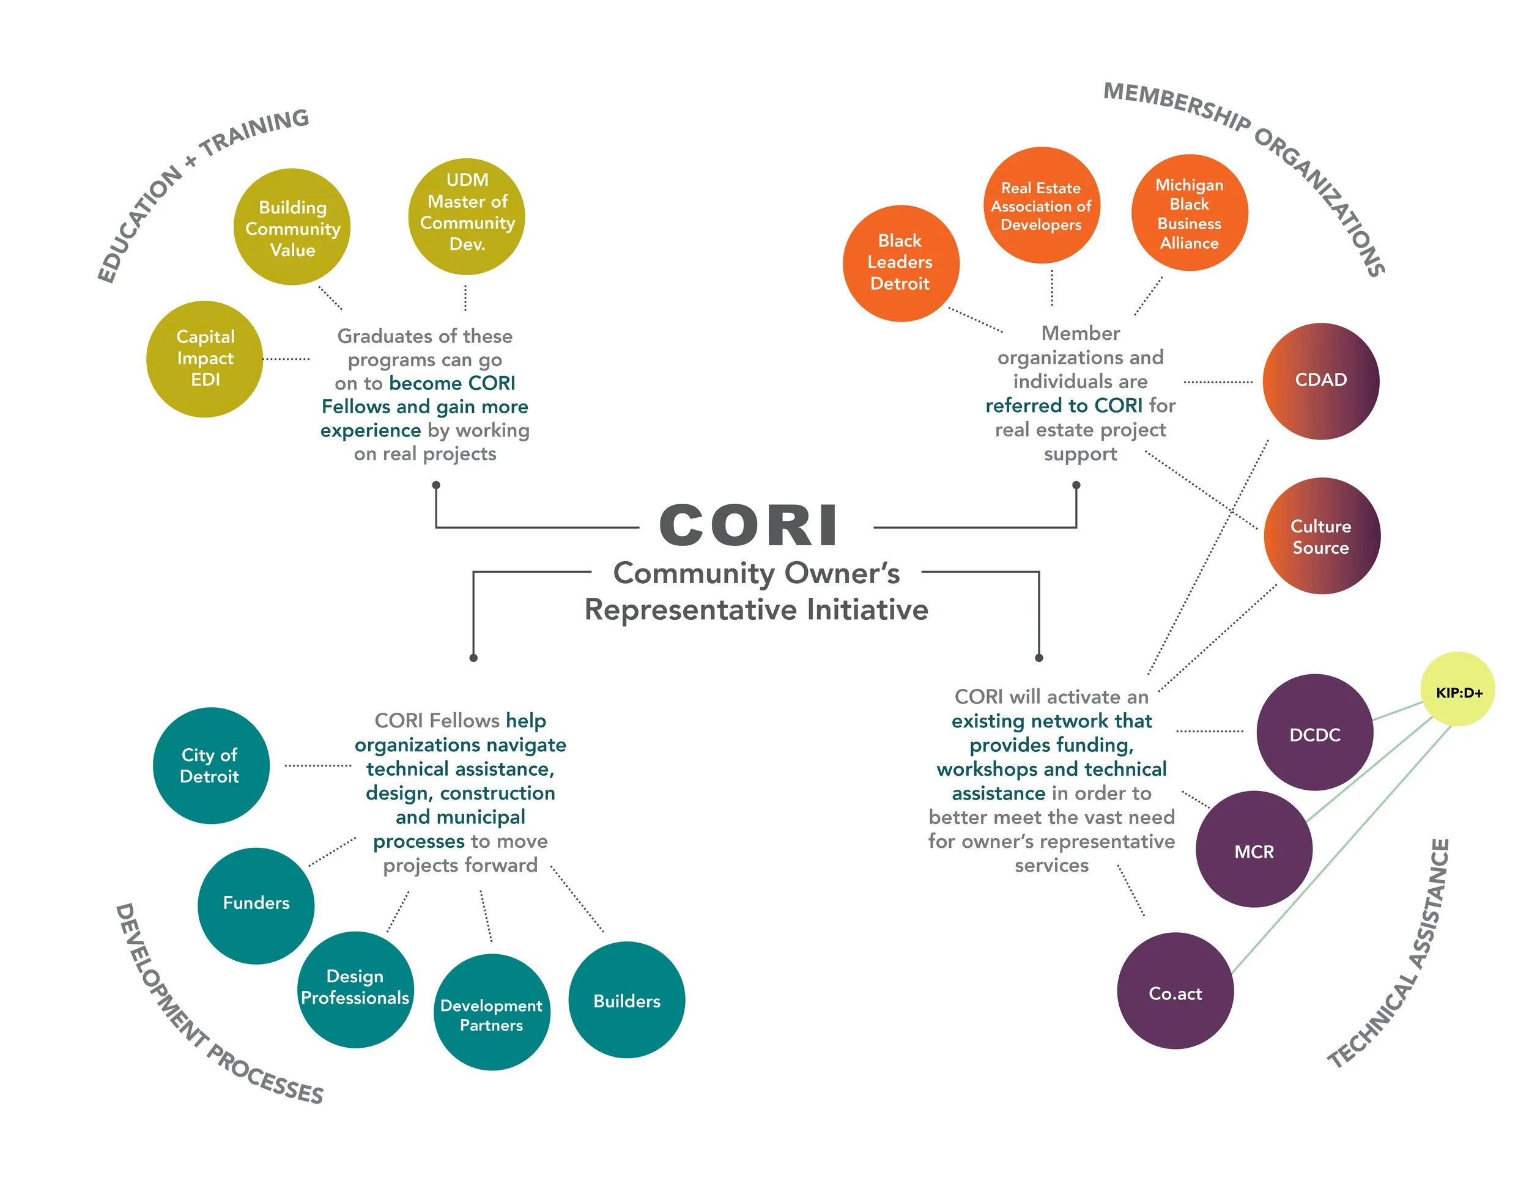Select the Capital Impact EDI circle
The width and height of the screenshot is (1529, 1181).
[204, 359]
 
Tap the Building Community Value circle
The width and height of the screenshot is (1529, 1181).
[292, 227]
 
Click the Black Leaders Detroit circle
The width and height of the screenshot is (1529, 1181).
[900, 263]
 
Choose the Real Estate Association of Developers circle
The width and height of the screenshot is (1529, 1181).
[1041, 205]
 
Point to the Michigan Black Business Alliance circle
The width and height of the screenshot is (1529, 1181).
[1189, 213]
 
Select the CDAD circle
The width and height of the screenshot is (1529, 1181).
[1320, 381]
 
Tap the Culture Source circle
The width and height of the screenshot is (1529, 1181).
[1321, 536]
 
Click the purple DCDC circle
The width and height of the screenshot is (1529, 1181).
[1314, 732]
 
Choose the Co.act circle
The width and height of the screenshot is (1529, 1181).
[1175, 991]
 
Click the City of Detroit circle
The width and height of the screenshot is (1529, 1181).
[211, 765]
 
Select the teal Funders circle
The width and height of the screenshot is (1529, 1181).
[256, 905]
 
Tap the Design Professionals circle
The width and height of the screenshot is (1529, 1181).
[355, 988]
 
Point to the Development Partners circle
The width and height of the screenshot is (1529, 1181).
[492, 1012]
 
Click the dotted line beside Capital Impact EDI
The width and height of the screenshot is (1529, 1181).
[286, 359]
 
